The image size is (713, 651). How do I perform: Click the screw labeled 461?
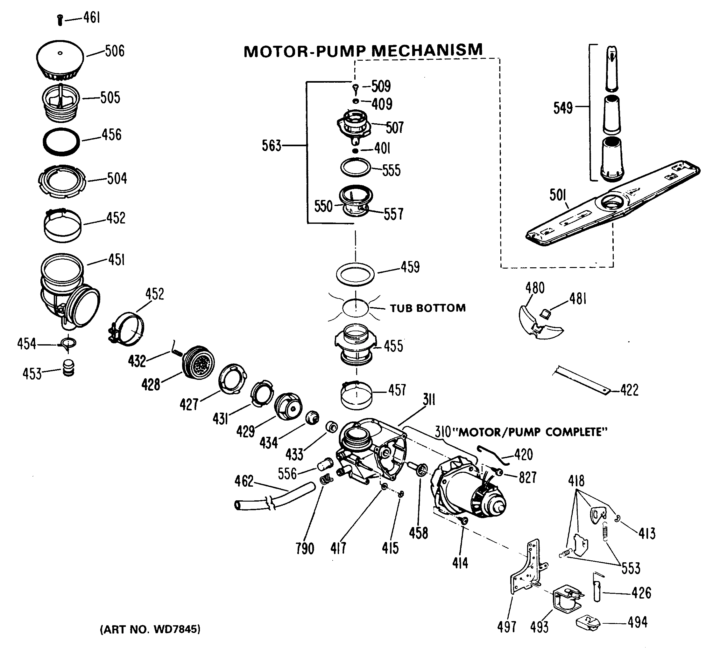pos(60,20)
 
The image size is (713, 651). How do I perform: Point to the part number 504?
pos(117,179)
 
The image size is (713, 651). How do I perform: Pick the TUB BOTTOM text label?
pos(427,308)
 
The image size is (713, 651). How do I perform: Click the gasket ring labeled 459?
pos(355,274)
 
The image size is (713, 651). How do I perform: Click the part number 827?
pos(527,477)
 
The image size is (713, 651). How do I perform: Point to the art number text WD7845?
pos(150,629)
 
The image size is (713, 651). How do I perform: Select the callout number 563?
pos(271,146)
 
